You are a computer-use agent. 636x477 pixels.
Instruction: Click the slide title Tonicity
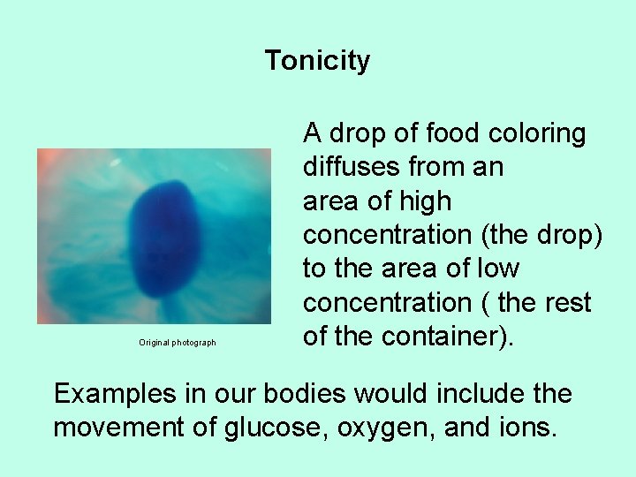(x=317, y=61)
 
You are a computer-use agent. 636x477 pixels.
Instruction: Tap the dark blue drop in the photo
(x=163, y=236)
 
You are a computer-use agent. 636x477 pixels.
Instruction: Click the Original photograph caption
(x=177, y=343)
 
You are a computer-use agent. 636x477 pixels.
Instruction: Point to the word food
(x=449, y=134)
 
